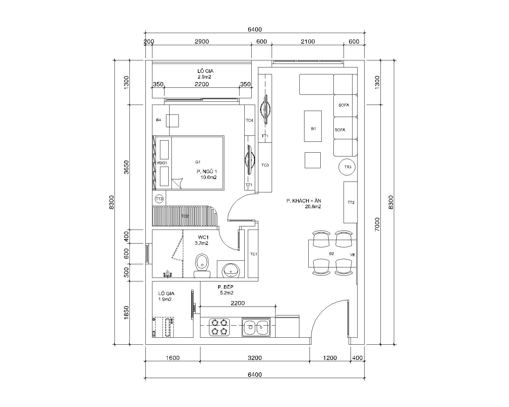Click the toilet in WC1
pos(202,266)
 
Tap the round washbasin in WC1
pos(231,270)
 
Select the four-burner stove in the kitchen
pos(219,327)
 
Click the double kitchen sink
pos(256,327)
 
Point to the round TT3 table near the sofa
pos(347,167)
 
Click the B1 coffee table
pos(313,126)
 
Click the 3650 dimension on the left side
pos(126,167)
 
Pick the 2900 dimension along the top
pos(202,42)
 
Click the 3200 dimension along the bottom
pos(255,358)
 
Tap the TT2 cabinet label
pos(351,203)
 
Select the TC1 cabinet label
pos(254,254)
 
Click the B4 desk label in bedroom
pos(158,120)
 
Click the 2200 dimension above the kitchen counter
pos(238,303)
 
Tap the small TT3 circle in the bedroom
pos(159,199)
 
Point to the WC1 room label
pos(203,237)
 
